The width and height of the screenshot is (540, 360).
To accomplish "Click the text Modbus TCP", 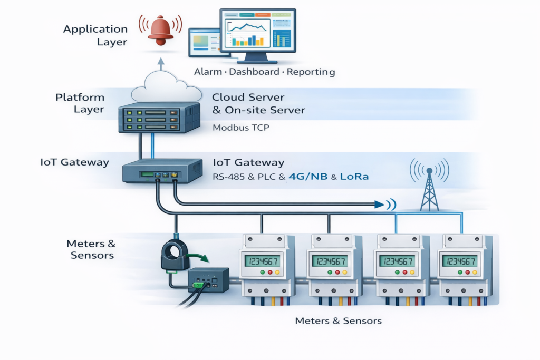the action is point(240,128).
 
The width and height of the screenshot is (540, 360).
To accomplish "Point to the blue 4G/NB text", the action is point(308,177).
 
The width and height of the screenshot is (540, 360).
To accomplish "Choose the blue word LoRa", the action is point(354,177).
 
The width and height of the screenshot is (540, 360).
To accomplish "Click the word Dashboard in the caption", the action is point(254,72).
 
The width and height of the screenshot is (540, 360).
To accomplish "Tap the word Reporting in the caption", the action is point(311,72).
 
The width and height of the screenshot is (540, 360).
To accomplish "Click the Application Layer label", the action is point(95,35).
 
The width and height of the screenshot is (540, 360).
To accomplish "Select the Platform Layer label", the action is point(80,103).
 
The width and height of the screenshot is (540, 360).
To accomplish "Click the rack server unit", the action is point(159,118).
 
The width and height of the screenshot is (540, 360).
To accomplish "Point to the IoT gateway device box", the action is point(162,171).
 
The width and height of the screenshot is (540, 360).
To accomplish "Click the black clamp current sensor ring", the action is point(175,255).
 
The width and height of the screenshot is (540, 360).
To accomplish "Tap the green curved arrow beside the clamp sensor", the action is point(197,257).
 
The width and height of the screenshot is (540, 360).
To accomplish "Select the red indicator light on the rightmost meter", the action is point(467,272).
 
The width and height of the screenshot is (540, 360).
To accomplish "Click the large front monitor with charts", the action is point(258,35).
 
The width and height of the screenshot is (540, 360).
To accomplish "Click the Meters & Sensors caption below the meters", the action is point(339,321).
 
